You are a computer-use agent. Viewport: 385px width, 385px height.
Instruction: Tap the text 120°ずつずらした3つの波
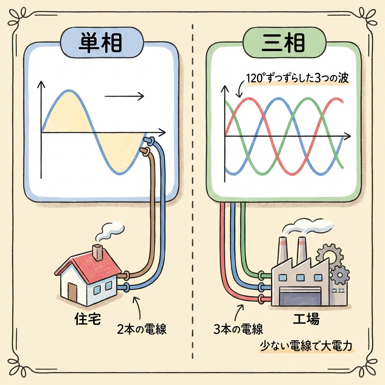tap(297, 80)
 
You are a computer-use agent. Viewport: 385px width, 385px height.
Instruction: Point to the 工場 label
tap(306, 320)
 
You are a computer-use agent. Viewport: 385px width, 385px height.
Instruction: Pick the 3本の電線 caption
tap(238, 330)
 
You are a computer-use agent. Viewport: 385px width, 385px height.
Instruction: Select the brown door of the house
tap(72, 290)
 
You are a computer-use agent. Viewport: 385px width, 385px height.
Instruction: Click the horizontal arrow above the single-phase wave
tap(124, 97)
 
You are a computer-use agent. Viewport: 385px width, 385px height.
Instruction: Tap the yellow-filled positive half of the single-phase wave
tap(68, 113)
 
